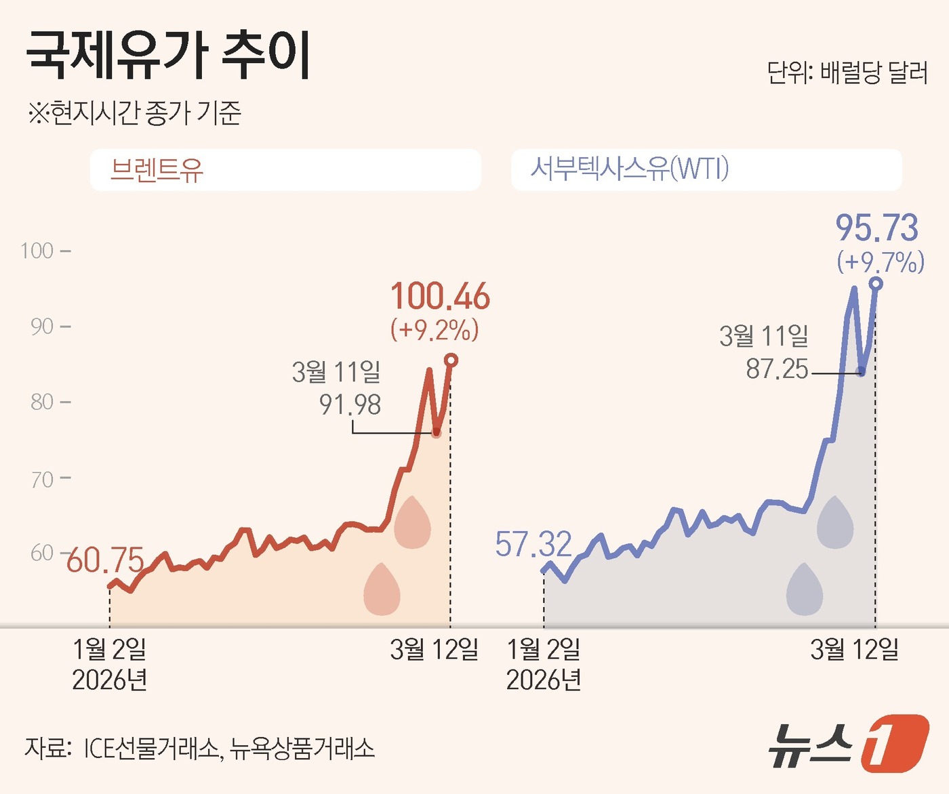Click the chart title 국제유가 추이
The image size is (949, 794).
(x=168, y=56)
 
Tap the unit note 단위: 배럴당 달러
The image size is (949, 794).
(x=847, y=72)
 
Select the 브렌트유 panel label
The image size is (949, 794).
(x=157, y=169)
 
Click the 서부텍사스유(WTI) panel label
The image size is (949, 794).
(x=629, y=168)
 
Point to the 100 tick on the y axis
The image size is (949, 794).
(x=37, y=251)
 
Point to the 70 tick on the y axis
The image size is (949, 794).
(x=41, y=480)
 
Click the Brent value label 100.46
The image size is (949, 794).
(x=440, y=297)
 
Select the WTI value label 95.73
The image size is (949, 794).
(x=876, y=228)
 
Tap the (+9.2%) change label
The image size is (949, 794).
(x=435, y=330)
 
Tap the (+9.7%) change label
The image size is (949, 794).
(x=881, y=262)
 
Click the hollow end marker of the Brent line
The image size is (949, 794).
(x=451, y=360)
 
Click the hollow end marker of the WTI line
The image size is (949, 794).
(x=876, y=283)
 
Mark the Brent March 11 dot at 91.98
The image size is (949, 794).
(x=436, y=433)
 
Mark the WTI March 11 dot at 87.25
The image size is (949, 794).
(x=861, y=372)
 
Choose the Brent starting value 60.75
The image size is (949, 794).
(x=106, y=560)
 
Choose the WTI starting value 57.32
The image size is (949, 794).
(x=533, y=544)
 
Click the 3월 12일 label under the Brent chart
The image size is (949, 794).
(x=434, y=650)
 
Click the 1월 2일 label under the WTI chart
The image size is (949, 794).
(x=544, y=650)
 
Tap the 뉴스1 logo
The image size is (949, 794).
(x=847, y=743)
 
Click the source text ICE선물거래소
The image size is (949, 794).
(x=151, y=749)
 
